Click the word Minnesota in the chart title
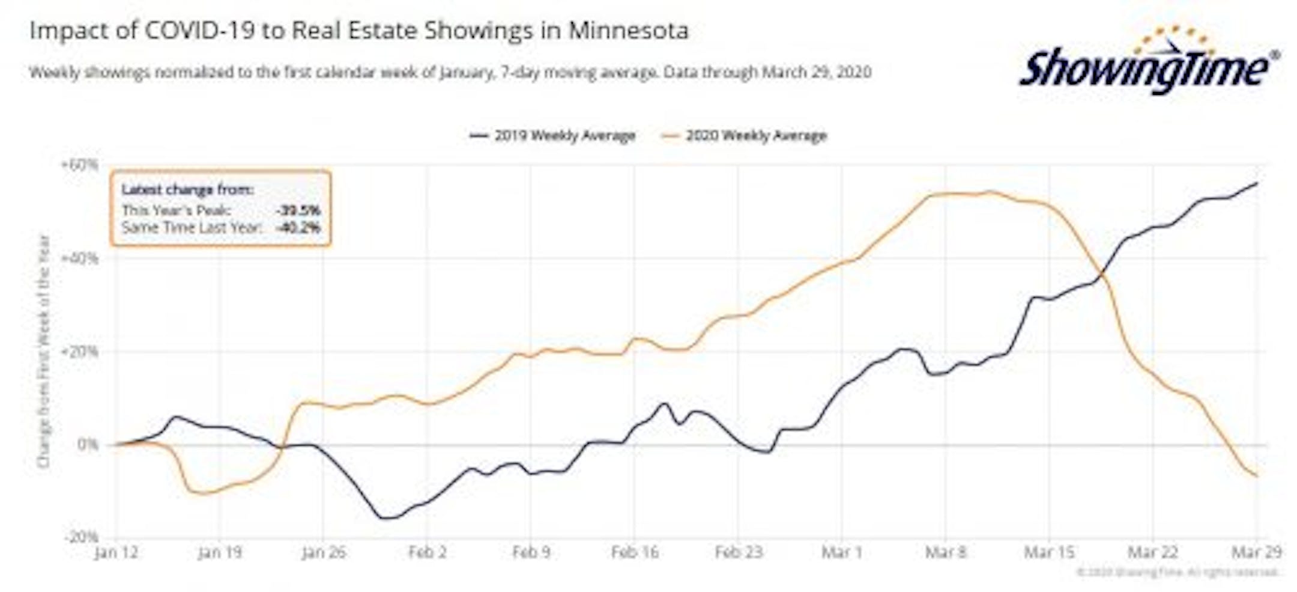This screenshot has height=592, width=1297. click(628, 31)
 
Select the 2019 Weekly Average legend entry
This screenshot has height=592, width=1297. click(552, 136)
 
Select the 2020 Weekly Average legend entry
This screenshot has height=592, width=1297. click(745, 136)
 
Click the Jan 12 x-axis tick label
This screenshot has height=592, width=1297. click(116, 552)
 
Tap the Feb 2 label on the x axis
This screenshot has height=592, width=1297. click(427, 552)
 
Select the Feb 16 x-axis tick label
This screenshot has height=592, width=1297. click(635, 552)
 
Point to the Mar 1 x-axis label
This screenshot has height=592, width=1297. click(842, 552)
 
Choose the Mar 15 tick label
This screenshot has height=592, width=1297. click(1049, 552)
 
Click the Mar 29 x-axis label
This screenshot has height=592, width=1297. click(1256, 552)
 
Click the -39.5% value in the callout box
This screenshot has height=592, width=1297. click(298, 210)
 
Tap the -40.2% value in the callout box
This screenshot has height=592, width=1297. click(298, 228)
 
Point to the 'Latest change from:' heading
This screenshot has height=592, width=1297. click(187, 190)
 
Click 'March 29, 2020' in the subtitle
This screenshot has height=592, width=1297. click(817, 73)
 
